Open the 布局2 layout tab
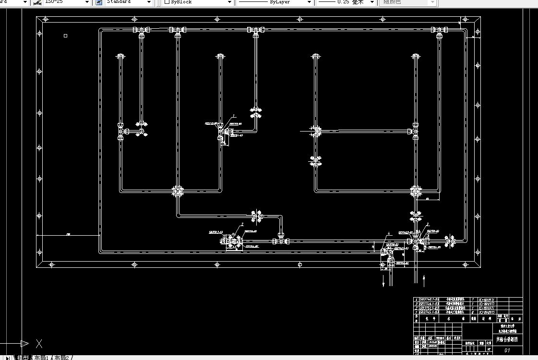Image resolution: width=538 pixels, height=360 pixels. click(62, 358)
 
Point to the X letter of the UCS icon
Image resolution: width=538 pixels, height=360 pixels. click(39, 344)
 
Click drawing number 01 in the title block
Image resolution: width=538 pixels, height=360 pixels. click(507, 351)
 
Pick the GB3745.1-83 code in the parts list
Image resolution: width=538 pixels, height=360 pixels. click(429, 312)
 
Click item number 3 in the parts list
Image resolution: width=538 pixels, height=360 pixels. click(416, 304)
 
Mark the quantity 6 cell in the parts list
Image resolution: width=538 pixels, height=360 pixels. click(473, 312)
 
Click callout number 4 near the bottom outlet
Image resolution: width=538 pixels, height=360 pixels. click(389, 233)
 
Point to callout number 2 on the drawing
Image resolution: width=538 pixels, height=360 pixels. click(242, 224)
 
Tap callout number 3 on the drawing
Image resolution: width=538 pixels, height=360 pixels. click(428, 224)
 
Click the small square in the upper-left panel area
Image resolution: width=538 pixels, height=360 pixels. click(66, 35)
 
